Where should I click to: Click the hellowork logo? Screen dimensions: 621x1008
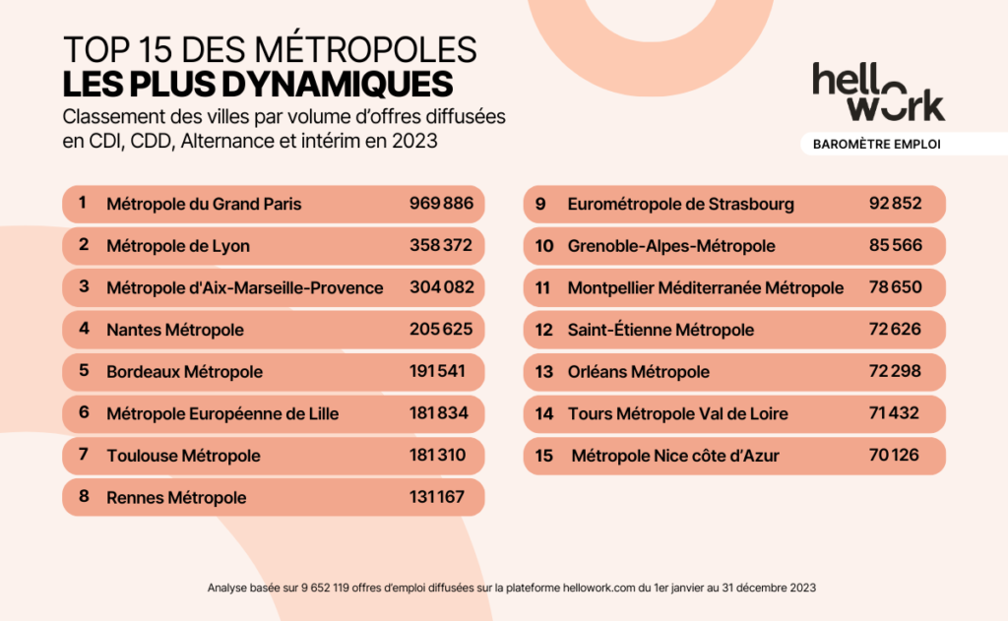click(878, 92)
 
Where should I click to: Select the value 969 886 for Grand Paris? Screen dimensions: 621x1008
click(441, 204)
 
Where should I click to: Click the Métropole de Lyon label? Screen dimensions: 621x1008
click(178, 246)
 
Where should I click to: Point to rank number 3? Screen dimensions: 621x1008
click(84, 287)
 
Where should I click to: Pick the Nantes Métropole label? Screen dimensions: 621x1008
click(175, 330)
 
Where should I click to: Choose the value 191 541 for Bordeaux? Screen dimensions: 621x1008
click(436, 372)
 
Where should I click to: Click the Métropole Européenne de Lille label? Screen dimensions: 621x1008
click(222, 414)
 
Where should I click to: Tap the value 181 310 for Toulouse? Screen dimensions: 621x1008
click(436, 456)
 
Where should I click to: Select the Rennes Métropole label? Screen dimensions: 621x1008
click(176, 498)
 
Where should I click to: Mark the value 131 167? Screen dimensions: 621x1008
click(436, 498)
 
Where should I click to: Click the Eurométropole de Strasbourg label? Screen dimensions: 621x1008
click(681, 205)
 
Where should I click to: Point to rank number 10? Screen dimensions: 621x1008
click(544, 246)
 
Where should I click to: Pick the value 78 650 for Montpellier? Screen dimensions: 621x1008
click(895, 287)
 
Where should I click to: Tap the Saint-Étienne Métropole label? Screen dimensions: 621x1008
click(661, 330)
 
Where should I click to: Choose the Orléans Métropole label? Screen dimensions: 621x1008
click(639, 372)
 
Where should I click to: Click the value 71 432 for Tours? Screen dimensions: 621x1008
click(894, 413)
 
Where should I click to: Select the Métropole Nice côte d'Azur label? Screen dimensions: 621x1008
click(675, 456)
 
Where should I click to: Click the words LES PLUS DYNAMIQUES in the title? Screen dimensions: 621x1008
click(258, 82)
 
